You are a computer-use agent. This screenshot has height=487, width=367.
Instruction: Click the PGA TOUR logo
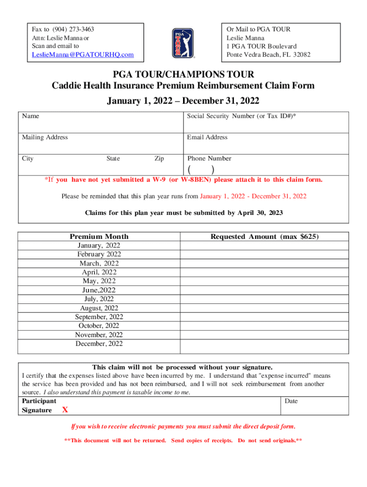(183, 43)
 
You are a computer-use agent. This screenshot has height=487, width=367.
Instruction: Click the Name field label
(31, 116)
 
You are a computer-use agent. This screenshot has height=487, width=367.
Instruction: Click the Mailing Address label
(45, 137)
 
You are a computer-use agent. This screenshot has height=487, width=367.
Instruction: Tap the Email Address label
(207, 137)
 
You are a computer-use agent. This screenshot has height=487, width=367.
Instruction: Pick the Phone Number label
(209, 158)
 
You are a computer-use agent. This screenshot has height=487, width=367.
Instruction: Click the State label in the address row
(113, 159)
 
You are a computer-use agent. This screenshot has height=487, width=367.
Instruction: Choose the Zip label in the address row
(159, 159)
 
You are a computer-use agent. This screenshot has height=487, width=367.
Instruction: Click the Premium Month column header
(99, 237)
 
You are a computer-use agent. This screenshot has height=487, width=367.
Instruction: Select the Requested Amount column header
(265, 237)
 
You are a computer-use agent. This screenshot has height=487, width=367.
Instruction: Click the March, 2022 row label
(99, 263)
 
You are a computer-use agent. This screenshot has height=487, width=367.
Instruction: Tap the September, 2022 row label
(99, 317)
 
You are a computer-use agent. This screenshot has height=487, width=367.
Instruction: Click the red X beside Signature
(65, 410)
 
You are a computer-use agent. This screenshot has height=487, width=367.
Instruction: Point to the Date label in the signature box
(291, 401)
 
